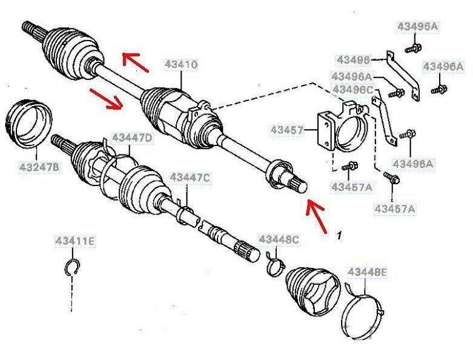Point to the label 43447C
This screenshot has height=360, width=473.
tap(189, 176)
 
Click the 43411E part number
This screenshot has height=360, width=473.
tap(72, 243)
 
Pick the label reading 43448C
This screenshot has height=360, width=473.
tap(279, 239)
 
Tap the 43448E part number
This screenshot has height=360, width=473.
tap(366, 273)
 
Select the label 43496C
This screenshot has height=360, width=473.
tap(351, 90)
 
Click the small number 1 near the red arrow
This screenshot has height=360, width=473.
tap(340, 233)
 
